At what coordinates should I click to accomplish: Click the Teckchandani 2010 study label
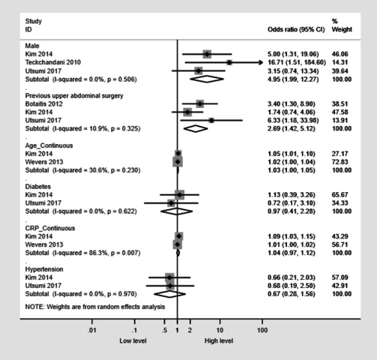(x=53, y=62)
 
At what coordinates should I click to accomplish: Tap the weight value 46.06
(x=340, y=54)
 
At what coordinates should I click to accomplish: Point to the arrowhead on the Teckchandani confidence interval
(x=261, y=62)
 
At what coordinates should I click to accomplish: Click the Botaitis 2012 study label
(x=43, y=103)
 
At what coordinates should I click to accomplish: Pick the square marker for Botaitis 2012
(x=200, y=103)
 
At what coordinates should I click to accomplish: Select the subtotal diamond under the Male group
(x=207, y=79)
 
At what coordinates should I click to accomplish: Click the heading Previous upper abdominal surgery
(x=74, y=96)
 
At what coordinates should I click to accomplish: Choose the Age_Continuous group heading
(x=49, y=145)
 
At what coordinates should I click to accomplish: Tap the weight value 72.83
(x=340, y=162)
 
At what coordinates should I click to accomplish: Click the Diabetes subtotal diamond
(x=177, y=211)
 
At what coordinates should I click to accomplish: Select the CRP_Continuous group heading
(x=50, y=228)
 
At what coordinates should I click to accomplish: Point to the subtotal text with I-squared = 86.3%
(x=82, y=253)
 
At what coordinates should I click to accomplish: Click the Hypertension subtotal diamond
(x=170, y=294)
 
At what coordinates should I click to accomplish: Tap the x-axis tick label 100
(x=262, y=330)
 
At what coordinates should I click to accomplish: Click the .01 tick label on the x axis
(x=92, y=330)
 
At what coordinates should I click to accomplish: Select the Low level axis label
(x=133, y=340)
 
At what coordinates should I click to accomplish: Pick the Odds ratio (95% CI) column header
(x=296, y=29)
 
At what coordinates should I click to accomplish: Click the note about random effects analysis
(x=95, y=307)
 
